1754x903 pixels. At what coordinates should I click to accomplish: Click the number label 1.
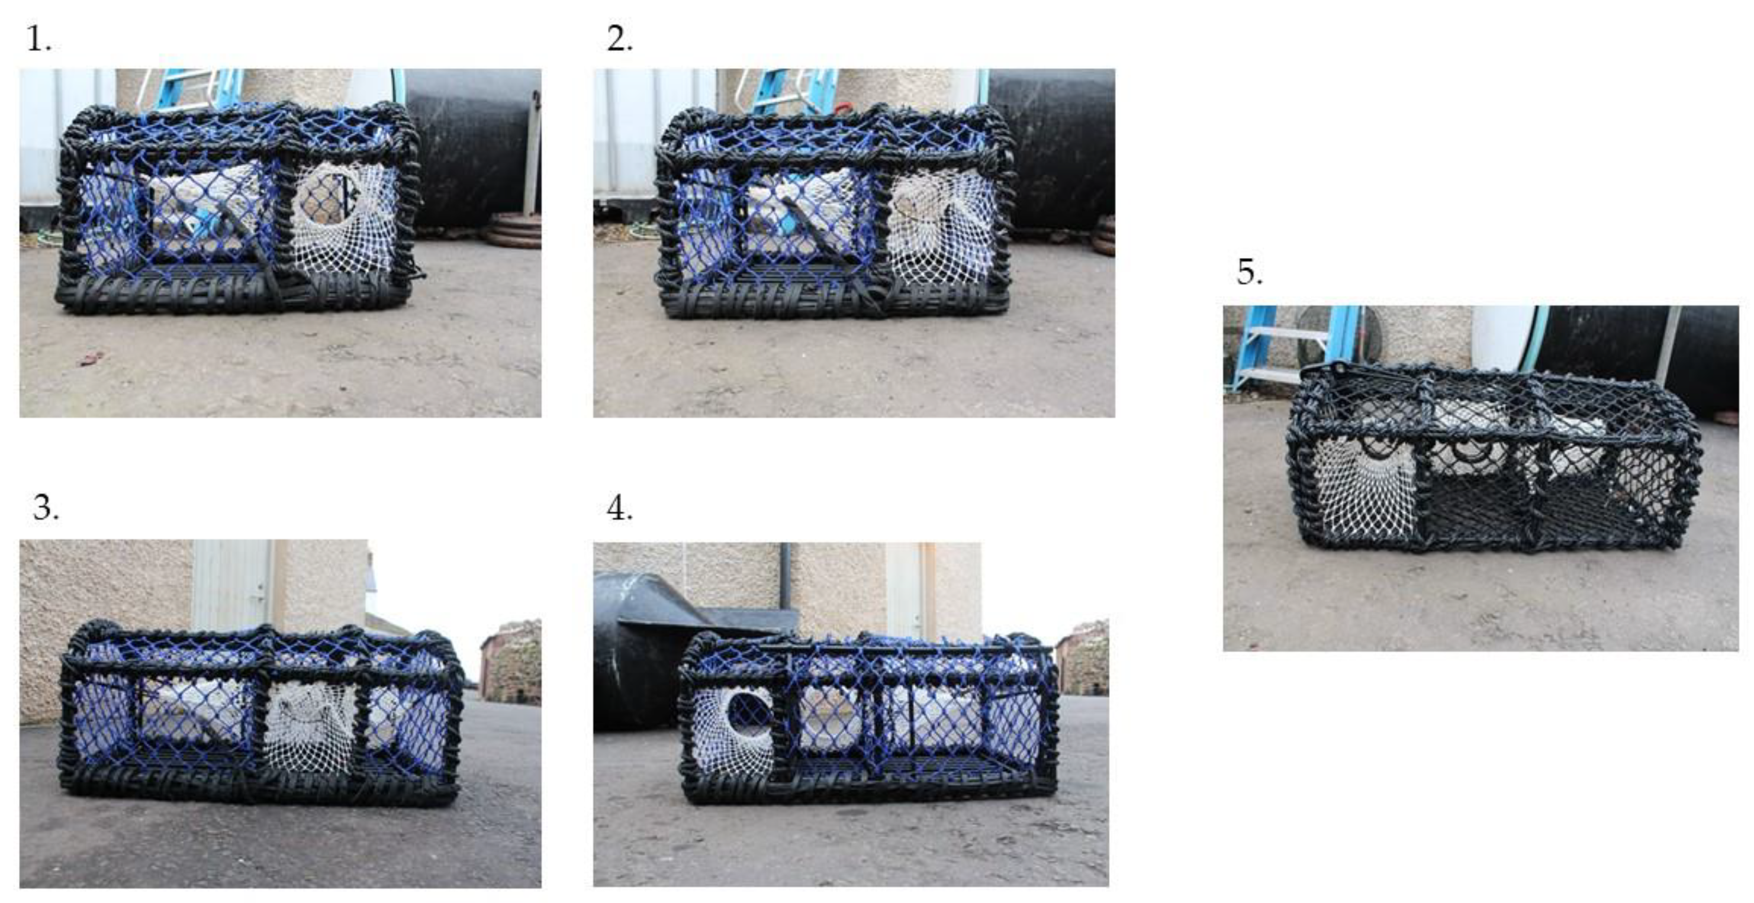click(39, 40)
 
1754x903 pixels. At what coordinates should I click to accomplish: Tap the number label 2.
click(620, 40)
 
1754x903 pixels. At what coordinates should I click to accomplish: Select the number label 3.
click(46, 508)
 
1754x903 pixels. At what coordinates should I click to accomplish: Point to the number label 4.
click(620, 508)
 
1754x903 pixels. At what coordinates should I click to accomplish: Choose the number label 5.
click(1250, 272)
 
